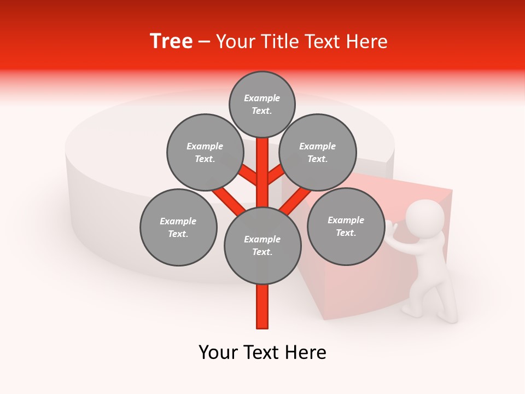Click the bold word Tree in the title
(171, 42)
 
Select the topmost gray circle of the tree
(262, 104)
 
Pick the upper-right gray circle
(318, 152)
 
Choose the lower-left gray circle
(178, 227)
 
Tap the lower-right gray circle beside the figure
(346, 226)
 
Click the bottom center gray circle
(262, 246)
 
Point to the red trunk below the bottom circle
(262, 306)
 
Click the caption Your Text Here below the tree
(262, 352)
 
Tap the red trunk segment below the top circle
(262, 164)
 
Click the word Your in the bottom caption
(218, 352)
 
